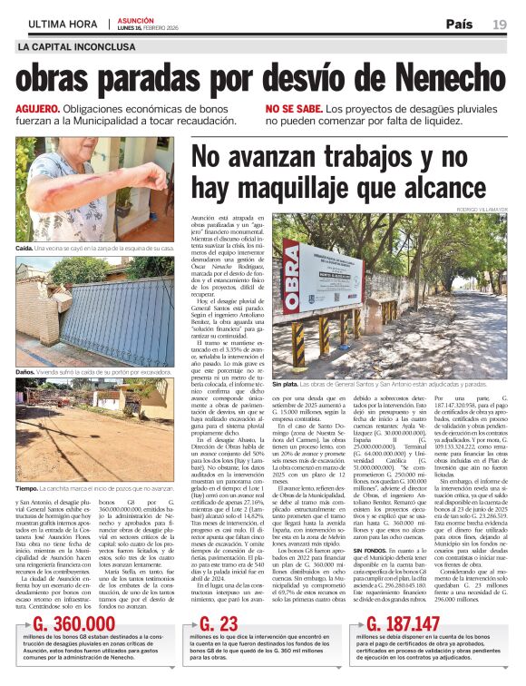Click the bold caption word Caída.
(x=24, y=247)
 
